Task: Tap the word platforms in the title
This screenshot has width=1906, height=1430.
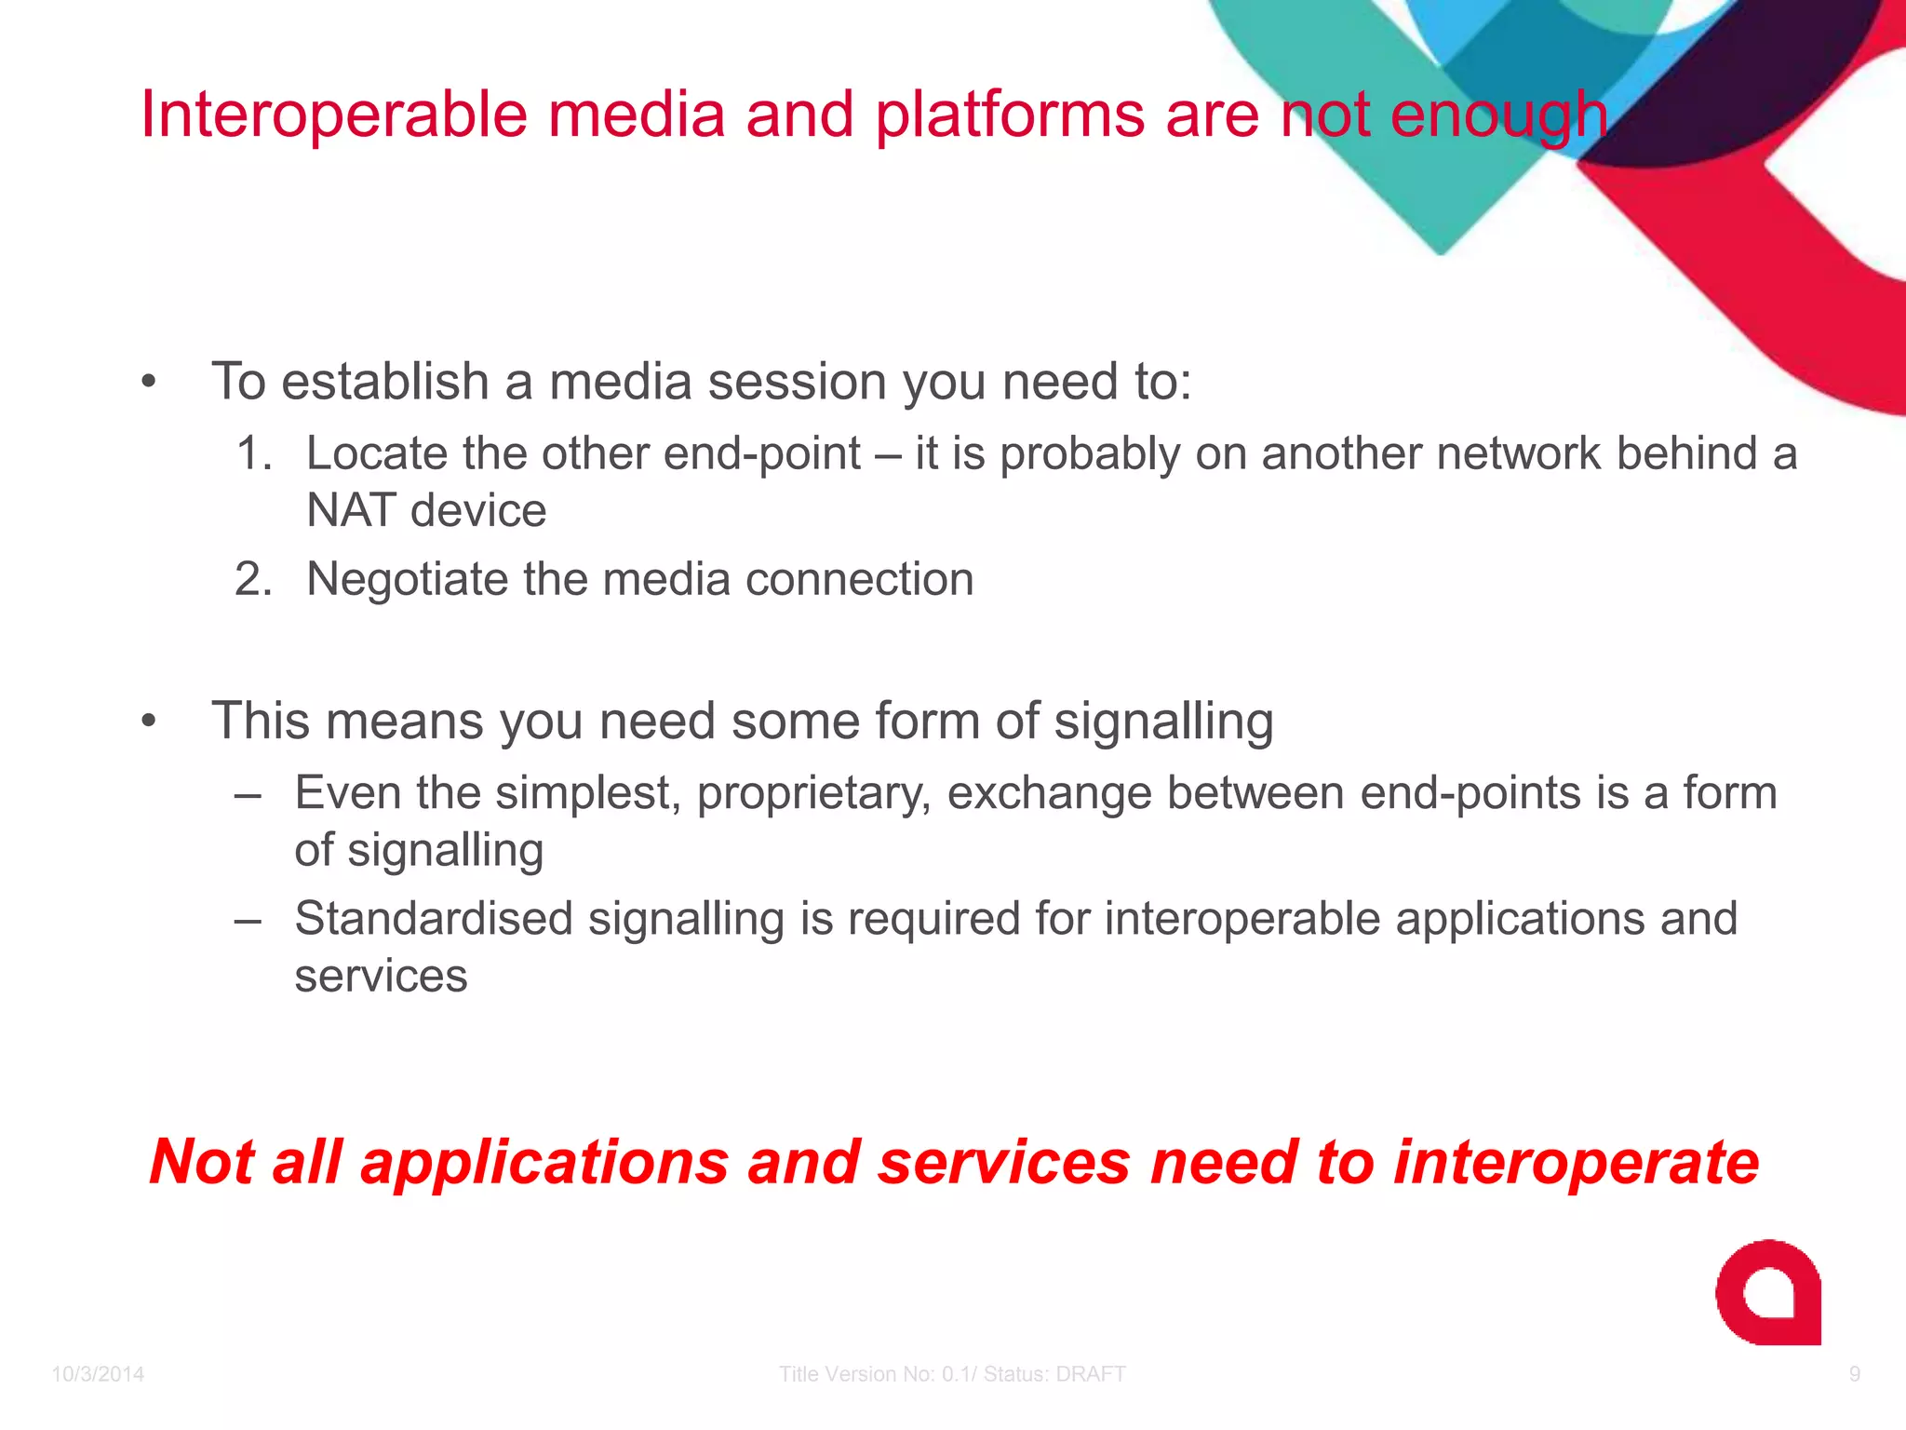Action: coord(1010,116)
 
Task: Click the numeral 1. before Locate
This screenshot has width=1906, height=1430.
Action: coord(253,453)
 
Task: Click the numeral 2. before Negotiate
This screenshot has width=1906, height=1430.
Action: coord(253,579)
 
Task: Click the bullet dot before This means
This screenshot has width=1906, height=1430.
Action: coord(149,722)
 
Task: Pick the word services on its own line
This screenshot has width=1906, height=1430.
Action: coord(381,976)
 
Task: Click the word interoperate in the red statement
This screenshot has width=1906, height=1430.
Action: coord(1575,1162)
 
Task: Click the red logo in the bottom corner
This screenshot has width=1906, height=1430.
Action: coord(1767,1292)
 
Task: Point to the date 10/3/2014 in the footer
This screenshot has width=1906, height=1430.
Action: coord(98,1374)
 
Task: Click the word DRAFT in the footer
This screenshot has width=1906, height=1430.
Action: coord(1092,1374)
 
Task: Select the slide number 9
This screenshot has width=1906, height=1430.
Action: coord(1854,1374)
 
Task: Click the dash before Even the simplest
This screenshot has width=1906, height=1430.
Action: coord(248,795)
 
